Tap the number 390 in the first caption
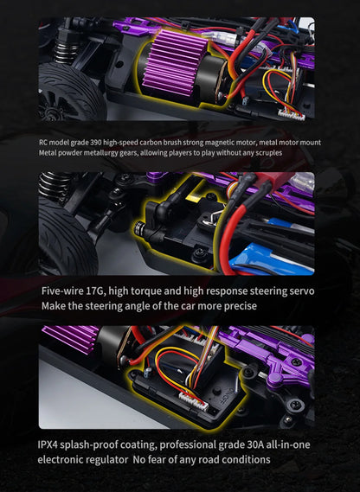pos(96,143)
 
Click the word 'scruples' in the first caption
pos(268,153)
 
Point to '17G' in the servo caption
pos(96,291)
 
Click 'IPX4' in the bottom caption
pos(48,444)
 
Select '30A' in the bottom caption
pos(254,444)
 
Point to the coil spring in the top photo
pos(67,50)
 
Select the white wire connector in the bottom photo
pos(194,402)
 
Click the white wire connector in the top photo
pos(292,115)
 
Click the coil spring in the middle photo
pos(54,185)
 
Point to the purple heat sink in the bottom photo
pos(72,338)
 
